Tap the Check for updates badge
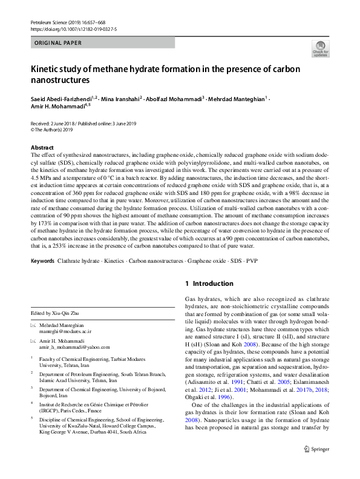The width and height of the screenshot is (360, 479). tap(319, 49)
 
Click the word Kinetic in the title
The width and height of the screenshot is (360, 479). tap(47, 68)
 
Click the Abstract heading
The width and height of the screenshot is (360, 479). tap(45, 148)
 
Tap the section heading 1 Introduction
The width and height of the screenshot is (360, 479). tap(209, 283)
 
